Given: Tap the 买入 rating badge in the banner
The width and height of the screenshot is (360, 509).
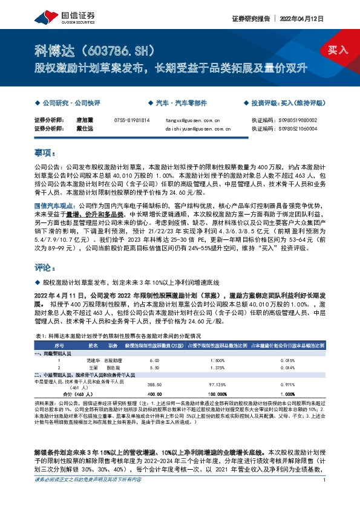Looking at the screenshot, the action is click(x=338, y=49).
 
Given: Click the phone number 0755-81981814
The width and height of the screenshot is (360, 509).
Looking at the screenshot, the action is click(x=131, y=120).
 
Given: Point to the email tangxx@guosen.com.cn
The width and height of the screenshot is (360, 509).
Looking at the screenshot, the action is click(x=189, y=120).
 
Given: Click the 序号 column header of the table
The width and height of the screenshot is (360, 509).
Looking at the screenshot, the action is click(x=59, y=346).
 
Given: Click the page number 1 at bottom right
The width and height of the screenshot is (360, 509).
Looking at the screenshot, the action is click(x=325, y=498).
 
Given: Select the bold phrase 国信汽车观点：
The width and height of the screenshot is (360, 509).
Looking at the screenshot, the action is click(x=53, y=206).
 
